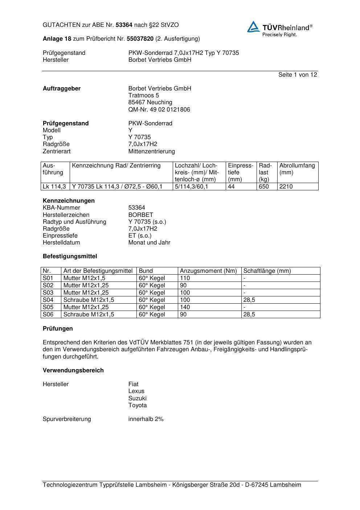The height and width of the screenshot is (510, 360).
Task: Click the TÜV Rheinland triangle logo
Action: pos(253,27)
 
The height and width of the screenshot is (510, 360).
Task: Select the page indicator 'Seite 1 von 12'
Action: pos(298,75)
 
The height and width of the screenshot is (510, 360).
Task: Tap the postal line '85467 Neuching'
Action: pos(150,102)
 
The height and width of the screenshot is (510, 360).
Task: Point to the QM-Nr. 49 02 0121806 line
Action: pos(159,110)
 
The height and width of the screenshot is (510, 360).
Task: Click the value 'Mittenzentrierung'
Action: pos(151,151)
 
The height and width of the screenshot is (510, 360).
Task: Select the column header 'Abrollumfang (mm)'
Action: pos(297,169)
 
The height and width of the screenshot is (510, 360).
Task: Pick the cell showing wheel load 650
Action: pos(264,187)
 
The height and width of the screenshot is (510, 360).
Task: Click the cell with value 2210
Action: pos(286,187)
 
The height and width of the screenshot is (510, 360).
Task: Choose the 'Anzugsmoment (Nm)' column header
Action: pos(208,271)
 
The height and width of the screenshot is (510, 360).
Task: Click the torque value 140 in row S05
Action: pos(185,307)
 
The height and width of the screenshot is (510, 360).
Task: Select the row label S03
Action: pos(48,293)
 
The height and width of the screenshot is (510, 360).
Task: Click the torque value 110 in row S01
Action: pos(185,278)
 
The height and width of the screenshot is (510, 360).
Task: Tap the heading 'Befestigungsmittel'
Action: pos(70,256)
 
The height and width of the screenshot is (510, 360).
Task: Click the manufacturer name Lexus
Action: pos(136,391)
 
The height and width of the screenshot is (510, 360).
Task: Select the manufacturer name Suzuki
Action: pos(137,398)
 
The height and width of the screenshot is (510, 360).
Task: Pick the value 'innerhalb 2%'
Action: pos(146,419)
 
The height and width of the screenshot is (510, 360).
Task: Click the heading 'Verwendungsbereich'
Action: pos(73,371)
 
